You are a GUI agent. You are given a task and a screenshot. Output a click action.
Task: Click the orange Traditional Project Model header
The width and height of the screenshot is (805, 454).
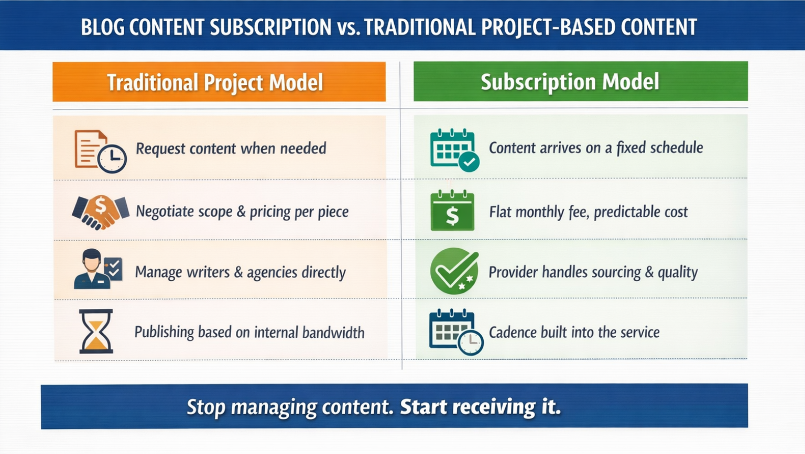(219, 82)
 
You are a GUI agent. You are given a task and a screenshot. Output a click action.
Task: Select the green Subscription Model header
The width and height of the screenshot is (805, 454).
(580, 82)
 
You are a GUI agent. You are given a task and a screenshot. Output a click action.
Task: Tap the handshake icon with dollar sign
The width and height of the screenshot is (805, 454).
(101, 212)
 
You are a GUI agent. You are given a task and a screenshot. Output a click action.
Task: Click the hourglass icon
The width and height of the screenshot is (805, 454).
(96, 331)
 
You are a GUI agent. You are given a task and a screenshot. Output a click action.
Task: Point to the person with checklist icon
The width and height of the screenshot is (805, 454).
(98, 269)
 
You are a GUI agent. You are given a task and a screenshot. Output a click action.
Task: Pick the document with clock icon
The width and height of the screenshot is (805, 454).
(100, 151)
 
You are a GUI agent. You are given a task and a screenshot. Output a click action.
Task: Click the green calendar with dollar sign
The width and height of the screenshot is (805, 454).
(452, 211)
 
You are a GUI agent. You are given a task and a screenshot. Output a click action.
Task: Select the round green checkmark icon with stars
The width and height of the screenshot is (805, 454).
(454, 271)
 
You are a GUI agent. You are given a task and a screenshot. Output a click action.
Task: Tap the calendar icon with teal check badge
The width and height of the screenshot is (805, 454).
(454, 150)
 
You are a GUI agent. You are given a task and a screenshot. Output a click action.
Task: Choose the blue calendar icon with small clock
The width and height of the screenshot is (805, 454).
(455, 332)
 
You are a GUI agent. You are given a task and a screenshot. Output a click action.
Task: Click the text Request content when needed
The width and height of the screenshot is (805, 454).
(231, 149)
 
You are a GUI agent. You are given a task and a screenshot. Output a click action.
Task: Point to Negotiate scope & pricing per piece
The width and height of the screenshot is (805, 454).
(242, 212)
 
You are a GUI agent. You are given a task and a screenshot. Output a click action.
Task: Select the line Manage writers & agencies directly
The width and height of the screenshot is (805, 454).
(240, 272)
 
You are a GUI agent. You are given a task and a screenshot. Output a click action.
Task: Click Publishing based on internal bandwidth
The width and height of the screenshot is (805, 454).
(249, 333)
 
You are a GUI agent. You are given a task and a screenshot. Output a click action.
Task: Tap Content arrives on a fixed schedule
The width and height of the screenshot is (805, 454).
(595, 148)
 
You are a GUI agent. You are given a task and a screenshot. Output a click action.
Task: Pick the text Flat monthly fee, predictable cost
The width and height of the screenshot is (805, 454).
(588, 212)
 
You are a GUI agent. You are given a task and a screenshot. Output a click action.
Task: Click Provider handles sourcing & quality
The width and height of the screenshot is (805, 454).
(593, 272)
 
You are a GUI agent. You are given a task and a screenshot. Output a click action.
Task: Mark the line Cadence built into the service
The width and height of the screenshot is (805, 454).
(574, 333)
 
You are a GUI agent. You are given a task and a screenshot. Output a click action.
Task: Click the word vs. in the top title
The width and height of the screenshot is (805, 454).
(349, 27)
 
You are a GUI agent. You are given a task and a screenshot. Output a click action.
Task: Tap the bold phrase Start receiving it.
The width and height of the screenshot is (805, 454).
(480, 407)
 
